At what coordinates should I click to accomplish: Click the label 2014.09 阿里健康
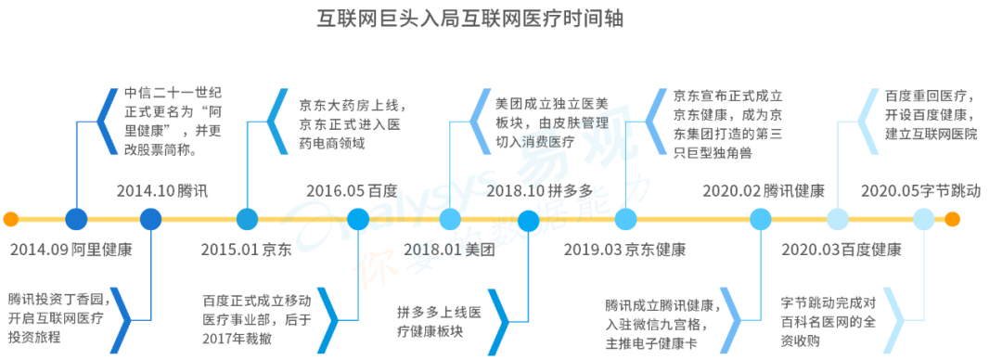71,250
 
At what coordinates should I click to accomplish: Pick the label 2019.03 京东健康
624,250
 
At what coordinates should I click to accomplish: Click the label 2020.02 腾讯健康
764,191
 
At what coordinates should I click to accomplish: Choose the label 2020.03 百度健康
841,250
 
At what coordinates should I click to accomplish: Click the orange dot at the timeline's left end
10,220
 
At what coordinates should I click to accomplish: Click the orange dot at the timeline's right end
952,220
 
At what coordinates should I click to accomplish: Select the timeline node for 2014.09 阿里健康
76,220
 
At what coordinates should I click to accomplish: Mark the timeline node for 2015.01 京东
247,220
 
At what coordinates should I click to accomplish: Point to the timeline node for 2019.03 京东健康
625,220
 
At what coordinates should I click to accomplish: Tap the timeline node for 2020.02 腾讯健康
761,220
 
